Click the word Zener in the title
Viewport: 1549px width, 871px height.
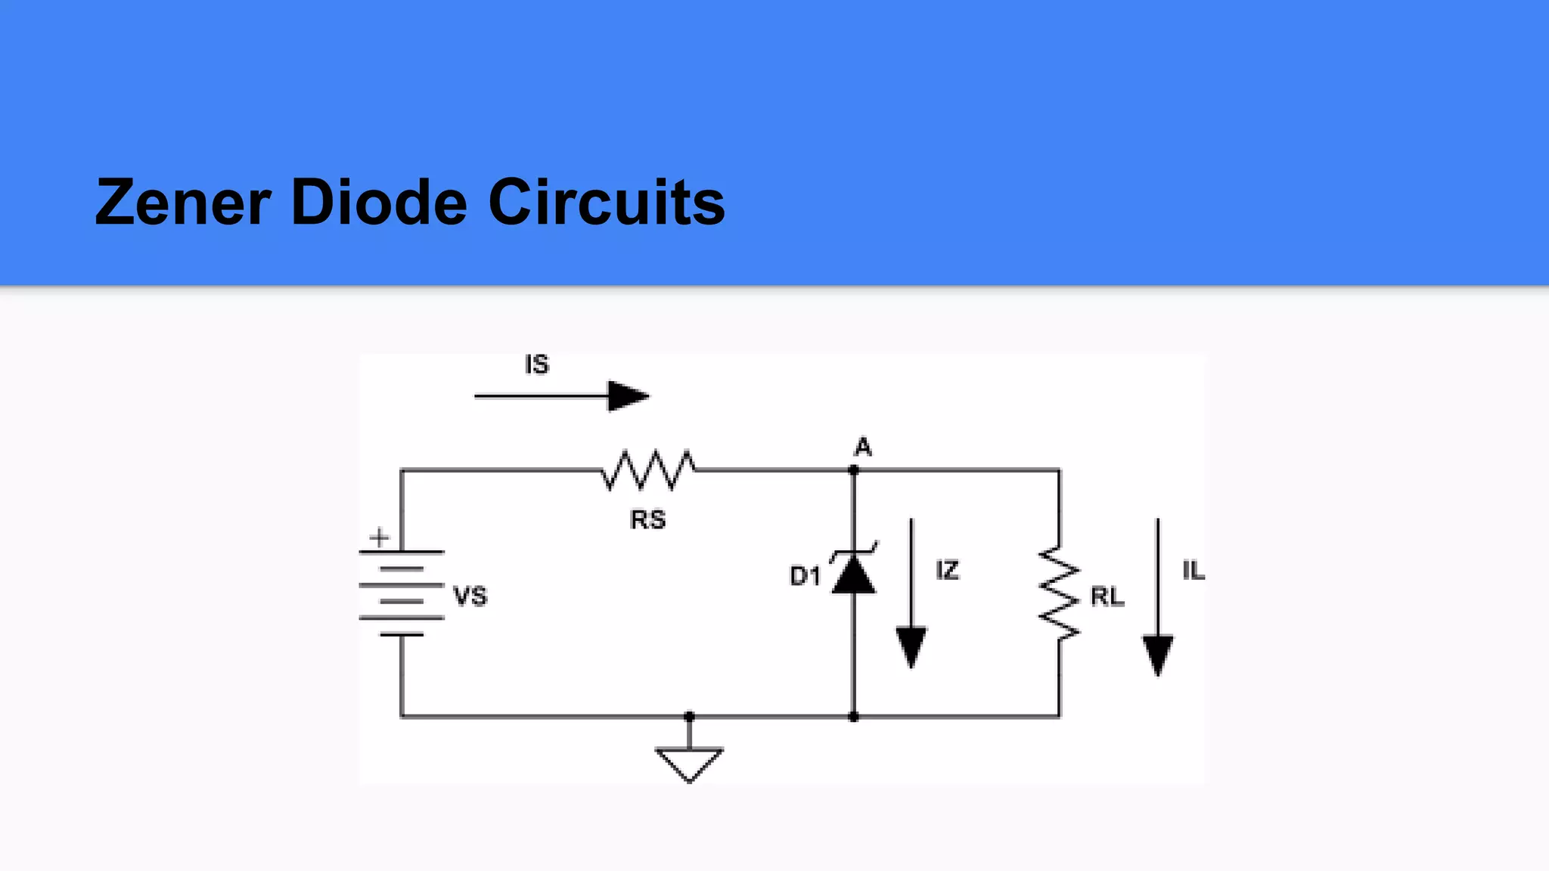[182, 203]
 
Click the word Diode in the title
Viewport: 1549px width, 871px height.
[379, 203]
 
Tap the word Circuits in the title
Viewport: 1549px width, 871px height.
[606, 203]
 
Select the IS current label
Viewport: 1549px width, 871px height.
[536, 364]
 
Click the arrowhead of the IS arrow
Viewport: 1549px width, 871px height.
[628, 396]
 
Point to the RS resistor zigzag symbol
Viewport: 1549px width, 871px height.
[648, 470]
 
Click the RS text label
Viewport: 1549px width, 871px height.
[647, 520]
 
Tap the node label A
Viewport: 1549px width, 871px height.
[862, 448]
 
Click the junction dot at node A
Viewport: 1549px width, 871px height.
[854, 470]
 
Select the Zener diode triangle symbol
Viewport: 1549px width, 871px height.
[854, 575]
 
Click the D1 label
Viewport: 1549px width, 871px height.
[805, 576]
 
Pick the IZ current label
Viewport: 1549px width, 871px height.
[947, 570]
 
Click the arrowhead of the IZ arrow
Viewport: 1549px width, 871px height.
[911, 647]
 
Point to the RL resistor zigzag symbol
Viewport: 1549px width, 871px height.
[1059, 594]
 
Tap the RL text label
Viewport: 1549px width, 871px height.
[1107, 597]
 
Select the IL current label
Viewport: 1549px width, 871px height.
[1194, 571]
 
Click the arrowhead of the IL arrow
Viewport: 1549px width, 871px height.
[1157, 654]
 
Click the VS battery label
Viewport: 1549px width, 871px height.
[470, 597]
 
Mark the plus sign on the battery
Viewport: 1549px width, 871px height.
[379, 538]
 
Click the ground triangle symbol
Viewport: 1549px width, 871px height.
[689, 762]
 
